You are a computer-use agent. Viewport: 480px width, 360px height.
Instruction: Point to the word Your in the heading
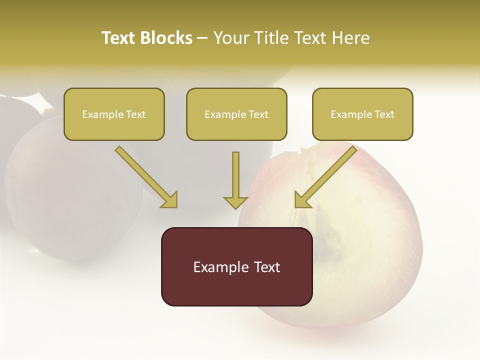(x=230, y=38)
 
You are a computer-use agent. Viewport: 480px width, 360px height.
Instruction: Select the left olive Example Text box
(x=114, y=114)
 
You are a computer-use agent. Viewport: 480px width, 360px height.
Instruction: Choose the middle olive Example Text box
(x=236, y=114)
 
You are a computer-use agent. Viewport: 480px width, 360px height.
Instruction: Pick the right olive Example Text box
(x=362, y=114)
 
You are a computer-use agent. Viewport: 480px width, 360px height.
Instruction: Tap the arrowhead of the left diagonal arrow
(x=170, y=200)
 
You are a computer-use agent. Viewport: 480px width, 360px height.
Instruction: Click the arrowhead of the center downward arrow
(x=235, y=202)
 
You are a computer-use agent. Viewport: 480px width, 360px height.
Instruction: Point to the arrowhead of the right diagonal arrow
(x=302, y=200)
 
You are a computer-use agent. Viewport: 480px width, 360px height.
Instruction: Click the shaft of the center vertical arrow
(x=235, y=172)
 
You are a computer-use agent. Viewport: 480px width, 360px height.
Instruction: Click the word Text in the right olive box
(x=384, y=114)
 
